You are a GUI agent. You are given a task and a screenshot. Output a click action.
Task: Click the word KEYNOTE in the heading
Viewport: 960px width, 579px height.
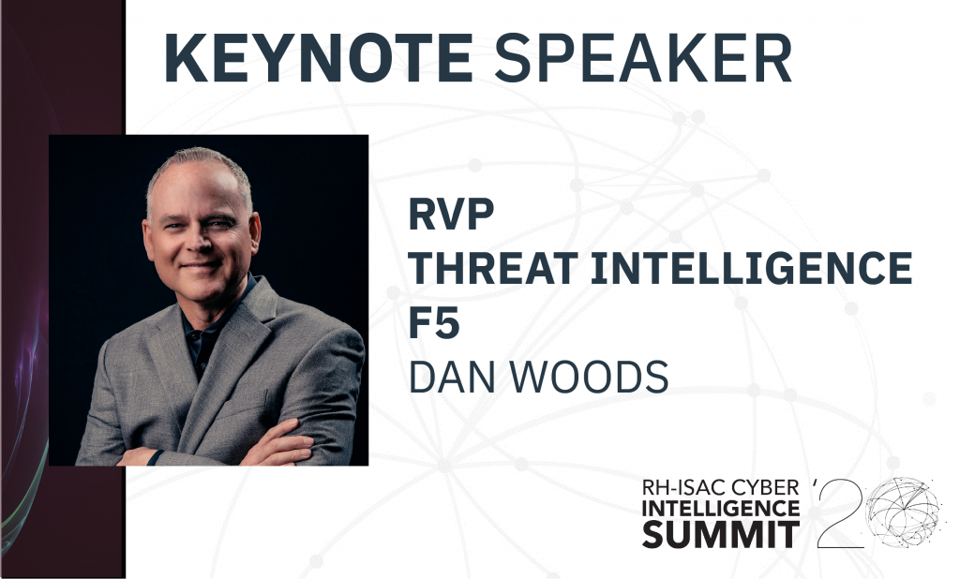(319, 57)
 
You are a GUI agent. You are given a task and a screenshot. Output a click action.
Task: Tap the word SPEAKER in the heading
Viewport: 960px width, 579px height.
(643, 57)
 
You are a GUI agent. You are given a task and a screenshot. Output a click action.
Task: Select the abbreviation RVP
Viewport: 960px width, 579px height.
(451, 215)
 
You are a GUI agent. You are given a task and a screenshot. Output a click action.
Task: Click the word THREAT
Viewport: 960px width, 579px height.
(493, 268)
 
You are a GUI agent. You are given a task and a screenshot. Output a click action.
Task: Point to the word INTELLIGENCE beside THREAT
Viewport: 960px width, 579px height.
(751, 268)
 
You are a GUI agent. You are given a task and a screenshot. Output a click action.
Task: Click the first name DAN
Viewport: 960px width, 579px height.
(451, 377)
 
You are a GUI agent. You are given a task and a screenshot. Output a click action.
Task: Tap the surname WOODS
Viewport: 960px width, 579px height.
(589, 377)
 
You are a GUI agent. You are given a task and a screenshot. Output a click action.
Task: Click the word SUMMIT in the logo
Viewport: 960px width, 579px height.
(721, 534)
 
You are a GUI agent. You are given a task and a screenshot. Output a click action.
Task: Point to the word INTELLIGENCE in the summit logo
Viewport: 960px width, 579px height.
(721, 508)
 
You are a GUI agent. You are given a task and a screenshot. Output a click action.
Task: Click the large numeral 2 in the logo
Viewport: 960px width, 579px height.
(840, 514)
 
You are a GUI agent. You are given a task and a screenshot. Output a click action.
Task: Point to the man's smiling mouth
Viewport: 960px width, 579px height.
(200, 266)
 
